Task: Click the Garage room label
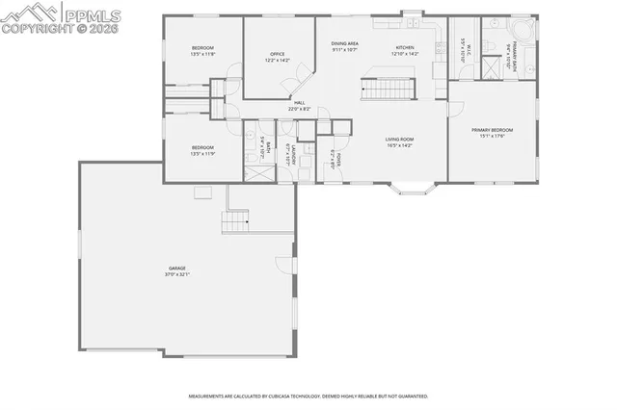176,269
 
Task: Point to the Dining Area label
345,43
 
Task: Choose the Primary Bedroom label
492,130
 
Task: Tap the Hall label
299,103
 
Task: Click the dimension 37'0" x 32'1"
176,274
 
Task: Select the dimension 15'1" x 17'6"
492,136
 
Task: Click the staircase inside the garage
235,223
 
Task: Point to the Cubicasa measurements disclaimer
308,396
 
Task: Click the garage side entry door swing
282,264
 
